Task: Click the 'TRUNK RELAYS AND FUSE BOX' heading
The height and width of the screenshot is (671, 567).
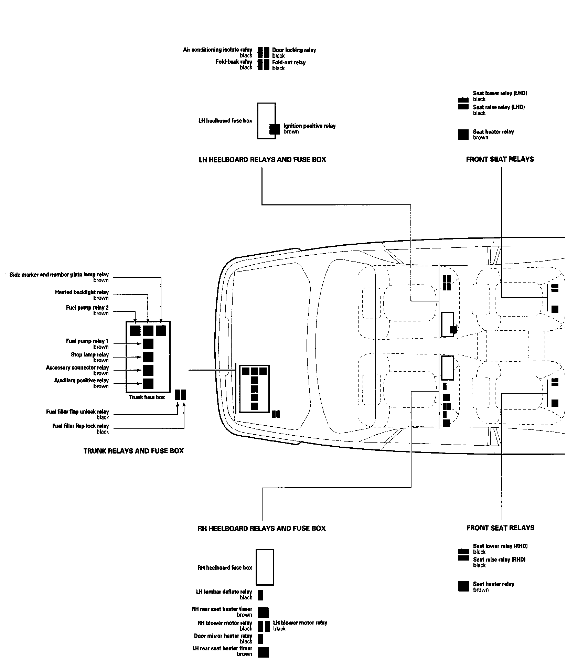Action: (133, 451)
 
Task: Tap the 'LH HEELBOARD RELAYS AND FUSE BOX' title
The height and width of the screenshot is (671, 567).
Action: (262, 160)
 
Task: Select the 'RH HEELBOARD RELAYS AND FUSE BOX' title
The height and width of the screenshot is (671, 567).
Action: (261, 528)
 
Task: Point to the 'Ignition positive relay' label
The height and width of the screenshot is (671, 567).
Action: (309, 126)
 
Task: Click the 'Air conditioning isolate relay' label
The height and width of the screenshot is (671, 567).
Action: (217, 50)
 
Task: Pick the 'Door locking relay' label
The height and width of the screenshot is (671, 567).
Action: (294, 50)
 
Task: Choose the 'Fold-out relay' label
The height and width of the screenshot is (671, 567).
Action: (289, 63)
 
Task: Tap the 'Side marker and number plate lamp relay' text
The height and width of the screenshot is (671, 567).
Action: (59, 275)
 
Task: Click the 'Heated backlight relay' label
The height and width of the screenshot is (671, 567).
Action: (82, 292)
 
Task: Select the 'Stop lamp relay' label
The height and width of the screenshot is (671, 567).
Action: (89, 355)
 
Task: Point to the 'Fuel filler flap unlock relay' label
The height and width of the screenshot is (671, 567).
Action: (77, 412)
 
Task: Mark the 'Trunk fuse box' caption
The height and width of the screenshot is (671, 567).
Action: (147, 397)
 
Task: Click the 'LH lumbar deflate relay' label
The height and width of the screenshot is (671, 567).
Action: (224, 592)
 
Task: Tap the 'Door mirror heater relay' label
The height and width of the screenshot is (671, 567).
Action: (223, 636)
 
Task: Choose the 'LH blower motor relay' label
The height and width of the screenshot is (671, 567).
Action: (300, 623)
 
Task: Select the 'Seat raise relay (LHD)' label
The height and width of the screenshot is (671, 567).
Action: (499, 107)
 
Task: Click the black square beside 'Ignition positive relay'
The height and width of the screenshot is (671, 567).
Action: (275, 129)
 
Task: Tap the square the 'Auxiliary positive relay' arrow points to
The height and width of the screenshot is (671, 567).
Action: (148, 383)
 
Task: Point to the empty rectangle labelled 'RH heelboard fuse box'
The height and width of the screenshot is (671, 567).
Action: (265, 567)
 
